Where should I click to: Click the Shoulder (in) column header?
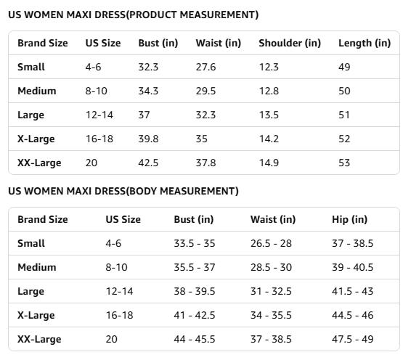[x=289, y=43]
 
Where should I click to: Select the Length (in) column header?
[x=364, y=43]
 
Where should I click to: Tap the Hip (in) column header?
[x=349, y=219]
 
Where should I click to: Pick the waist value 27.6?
[x=205, y=67]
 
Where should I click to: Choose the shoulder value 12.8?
[x=269, y=91]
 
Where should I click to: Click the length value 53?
[x=344, y=163]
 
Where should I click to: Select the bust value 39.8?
[x=148, y=139]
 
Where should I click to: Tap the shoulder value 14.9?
[x=269, y=163]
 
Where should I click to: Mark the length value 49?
[x=344, y=67]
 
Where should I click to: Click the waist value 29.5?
[x=205, y=91]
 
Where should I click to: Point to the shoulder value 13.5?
[x=269, y=115]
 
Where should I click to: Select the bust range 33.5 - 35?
[x=194, y=243]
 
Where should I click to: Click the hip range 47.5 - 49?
[x=352, y=339]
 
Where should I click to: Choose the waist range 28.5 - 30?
[x=271, y=267]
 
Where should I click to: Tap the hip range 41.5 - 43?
[x=352, y=291]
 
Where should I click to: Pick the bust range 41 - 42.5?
[x=194, y=315]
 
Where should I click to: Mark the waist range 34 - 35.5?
[x=271, y=315]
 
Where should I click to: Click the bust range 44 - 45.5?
[x=194, y=339]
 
